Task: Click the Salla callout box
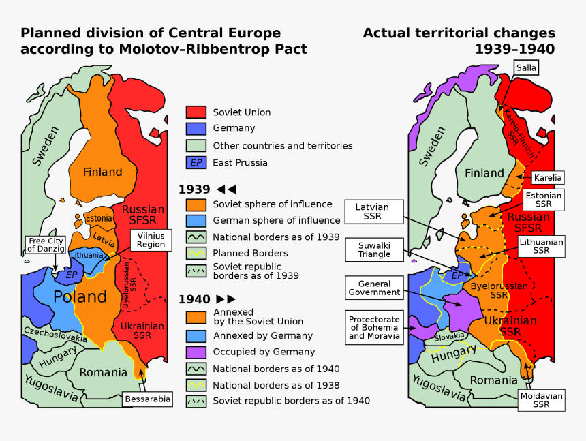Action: coord(526,67)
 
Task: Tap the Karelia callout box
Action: coord(548,178)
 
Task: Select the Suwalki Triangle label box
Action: coord(375,249)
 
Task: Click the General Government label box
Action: coord(374,288)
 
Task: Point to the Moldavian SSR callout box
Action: coord(541,399)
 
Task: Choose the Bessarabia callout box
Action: coord(147,399)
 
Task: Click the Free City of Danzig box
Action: coord(46,244)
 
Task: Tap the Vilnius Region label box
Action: coord(151,240)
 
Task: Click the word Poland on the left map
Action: coord(80,296)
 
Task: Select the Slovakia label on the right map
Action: coord(450,336)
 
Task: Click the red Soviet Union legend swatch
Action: coord(196,112)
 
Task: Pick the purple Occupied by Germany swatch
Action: coord(196,352)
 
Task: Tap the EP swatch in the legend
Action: coord(196,162)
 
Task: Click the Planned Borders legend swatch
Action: coord(196,253)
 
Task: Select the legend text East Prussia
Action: coord(240,162)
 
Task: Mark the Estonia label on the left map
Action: coord(99,219)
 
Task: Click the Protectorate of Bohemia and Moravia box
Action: coord(374,328)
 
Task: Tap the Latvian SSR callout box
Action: coord(372,211)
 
